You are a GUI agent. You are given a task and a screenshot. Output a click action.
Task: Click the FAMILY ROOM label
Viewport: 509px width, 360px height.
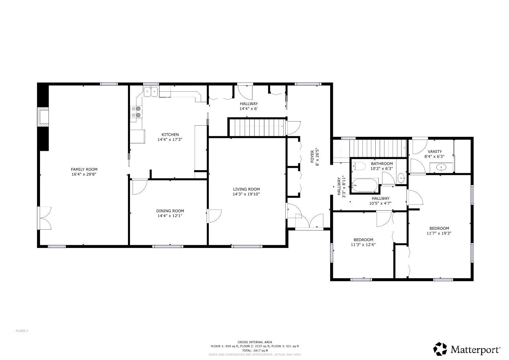[x=84, y=169]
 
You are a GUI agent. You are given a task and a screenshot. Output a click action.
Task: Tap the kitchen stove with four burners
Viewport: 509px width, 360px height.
[x=136, y=112]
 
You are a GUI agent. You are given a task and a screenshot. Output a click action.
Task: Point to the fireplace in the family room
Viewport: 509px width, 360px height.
[x=43, y=117]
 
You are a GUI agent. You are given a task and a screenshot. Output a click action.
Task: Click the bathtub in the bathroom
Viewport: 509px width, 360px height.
[x=365, y=185]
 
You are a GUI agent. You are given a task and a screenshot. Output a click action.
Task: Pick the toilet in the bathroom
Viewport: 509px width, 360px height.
[x=358, y=166]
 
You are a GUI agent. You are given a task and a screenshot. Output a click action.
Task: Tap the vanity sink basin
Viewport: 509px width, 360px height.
[x=441, y=168]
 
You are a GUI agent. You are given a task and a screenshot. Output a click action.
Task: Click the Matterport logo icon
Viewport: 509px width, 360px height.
[x=440, y=349]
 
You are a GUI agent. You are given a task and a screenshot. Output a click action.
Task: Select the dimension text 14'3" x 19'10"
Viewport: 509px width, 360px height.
[x=246, y=194]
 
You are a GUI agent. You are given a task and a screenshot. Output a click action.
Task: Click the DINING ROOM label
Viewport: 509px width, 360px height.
[x=170, y=211]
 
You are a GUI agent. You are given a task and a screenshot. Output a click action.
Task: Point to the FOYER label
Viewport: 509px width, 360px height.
[x=312, y=157]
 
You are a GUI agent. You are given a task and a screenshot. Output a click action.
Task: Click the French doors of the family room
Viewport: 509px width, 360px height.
[x=44, y=218]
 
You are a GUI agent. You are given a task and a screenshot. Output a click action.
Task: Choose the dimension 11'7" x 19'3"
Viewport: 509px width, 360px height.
[x=439, y=233]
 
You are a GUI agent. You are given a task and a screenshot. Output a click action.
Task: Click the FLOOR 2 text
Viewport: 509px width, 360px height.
[x=22, y=331]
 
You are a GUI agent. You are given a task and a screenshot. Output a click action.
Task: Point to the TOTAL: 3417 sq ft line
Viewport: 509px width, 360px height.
[x=255, y=350]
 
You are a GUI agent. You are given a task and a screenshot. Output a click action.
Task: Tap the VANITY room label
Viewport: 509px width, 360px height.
[x=434, y=151]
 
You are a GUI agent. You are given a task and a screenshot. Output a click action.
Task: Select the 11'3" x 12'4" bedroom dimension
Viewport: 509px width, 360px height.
[x=363, y=245]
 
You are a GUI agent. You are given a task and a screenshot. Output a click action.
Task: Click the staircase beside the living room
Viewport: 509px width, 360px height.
[x=257, y=127]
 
